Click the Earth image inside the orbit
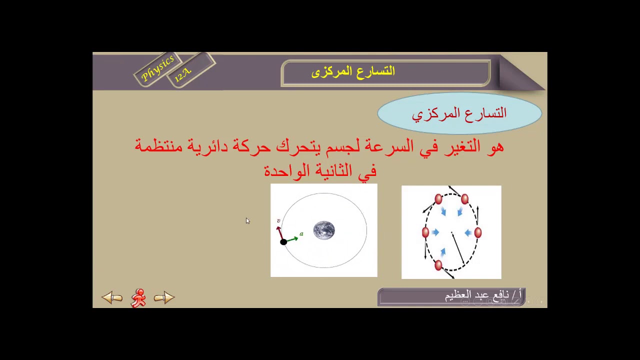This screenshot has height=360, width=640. click(324, 230)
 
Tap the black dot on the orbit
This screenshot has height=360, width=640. click(283, 242)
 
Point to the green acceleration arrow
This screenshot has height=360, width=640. click(292, 239)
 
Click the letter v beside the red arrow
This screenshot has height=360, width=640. click(278, 221)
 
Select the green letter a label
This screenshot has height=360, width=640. click(301, 233)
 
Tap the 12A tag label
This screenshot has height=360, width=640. click(182, 74)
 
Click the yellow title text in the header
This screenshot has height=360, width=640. click(353, 71)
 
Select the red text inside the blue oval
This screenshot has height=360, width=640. click(459, 113)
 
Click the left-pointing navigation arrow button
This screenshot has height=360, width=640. click(112, 298)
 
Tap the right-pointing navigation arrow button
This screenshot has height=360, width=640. click(164, 298)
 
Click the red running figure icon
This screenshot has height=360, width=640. click(138, 298)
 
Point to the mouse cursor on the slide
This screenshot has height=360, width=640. click(247, 221)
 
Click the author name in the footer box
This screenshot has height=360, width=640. click(482, 295)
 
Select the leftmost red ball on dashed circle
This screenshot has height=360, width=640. click(425, 232)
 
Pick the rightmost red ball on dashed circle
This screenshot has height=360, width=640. click(477, 232)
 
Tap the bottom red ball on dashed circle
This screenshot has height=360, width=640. click(438, 265)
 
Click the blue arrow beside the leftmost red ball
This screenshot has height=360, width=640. click(435, 232)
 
